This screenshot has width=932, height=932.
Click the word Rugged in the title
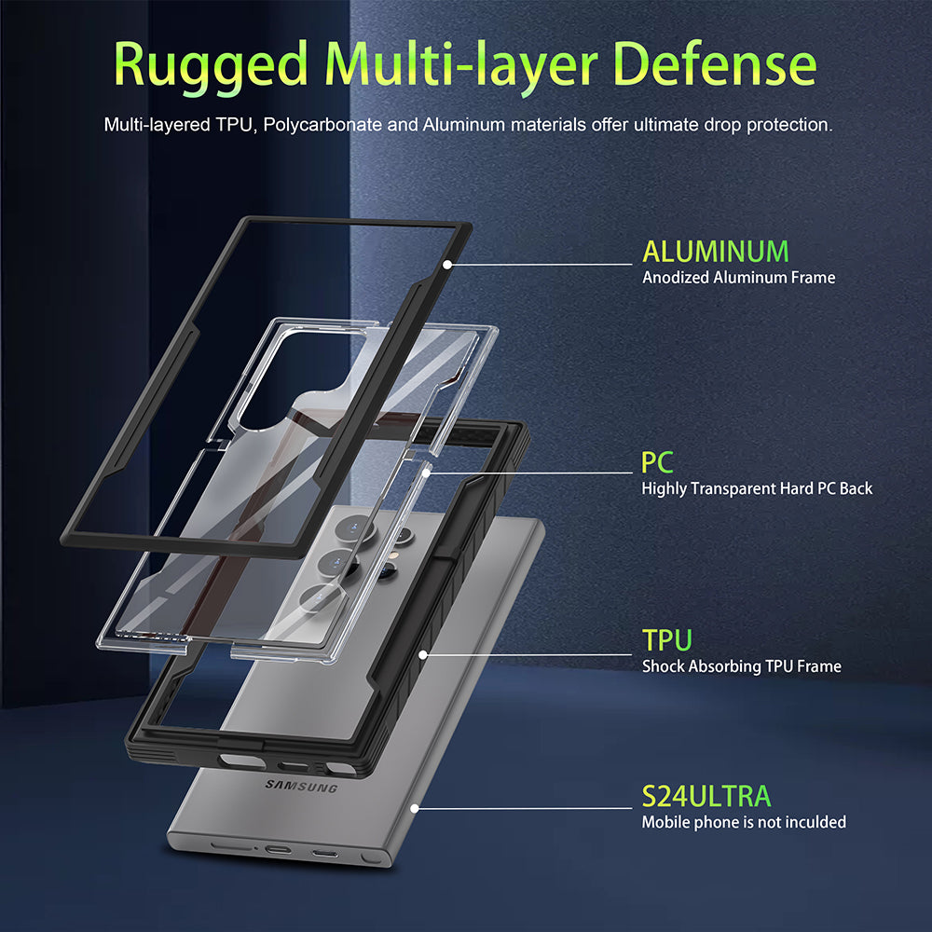pos(211,66)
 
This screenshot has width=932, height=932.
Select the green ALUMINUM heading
pos(716,252)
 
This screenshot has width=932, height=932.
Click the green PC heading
pos(657,462)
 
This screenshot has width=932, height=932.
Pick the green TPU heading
pos(667,640)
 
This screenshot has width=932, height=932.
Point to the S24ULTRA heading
pos(706,797)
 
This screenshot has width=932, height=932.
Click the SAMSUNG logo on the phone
pos(301,787)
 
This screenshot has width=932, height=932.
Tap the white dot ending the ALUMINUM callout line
pos(447,265)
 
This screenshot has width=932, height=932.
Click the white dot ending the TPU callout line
pos(423,655)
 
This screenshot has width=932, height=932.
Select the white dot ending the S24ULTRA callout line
pos(415,808)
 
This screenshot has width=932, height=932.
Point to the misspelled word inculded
pos(815,822)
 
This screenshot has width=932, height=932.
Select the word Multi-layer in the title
pos(461,66)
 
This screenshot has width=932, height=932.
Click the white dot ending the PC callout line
pos(426,473)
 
